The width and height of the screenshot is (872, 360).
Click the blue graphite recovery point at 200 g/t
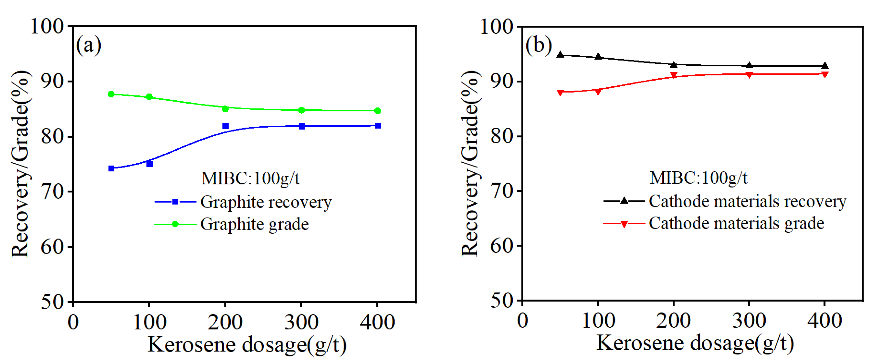point(225,126)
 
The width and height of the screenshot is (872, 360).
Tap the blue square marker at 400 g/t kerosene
point(378,126)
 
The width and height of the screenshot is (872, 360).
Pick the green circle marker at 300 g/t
point(301,110)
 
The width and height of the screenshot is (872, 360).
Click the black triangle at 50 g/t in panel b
point(560,54)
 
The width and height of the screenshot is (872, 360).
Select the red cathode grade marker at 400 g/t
point(825,74)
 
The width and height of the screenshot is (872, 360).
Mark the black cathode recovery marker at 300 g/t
point(749,65)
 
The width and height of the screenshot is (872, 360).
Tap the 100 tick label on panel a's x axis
point(149,322)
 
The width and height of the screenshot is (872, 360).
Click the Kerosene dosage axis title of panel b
point(695,343)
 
